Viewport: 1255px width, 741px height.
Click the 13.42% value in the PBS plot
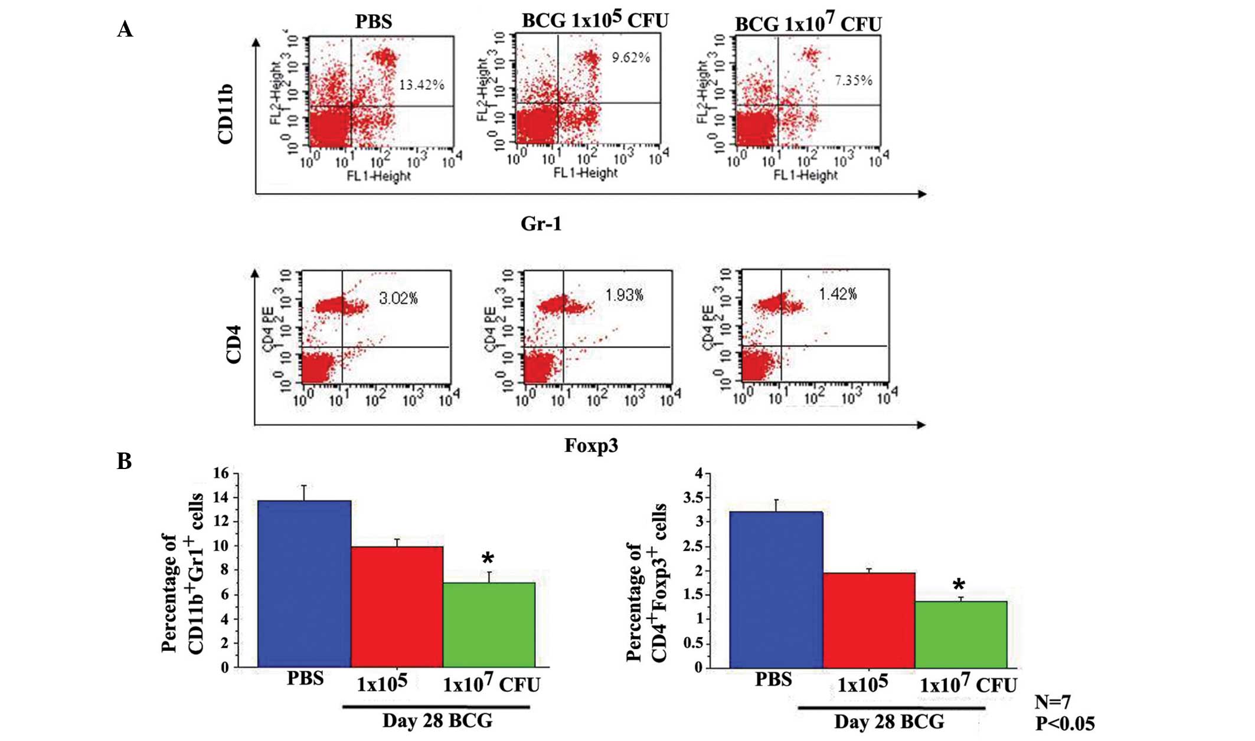(x=421, y=85)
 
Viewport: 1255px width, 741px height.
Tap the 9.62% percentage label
(x=630, y=58)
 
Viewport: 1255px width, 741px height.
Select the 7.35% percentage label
(x=853, y=80)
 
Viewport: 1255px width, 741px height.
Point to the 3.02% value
(x=398, y=299)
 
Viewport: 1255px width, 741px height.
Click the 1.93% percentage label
(x=624, y=295)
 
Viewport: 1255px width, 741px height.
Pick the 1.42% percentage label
(x=838, y=294)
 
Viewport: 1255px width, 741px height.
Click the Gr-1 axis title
(x=541, y=224)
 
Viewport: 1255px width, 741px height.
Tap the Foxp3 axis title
(x=591, y=445)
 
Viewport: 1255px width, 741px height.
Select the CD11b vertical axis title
(x=225, y=114)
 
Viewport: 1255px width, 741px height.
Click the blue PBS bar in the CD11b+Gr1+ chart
(x=305, y=584)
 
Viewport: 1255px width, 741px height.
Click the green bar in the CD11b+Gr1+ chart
(x=489, y=625)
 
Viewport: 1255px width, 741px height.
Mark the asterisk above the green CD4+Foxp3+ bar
(x=959, y=585)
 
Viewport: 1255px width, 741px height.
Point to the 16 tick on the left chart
(x=221, y=473)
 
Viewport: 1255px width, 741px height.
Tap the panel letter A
(x=125, y=29)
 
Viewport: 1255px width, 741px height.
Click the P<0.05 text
(x=1065, y=724)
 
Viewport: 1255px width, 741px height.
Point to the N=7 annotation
(x=1053, y=702)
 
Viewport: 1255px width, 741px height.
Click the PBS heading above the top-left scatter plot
(x=373, y=22)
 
